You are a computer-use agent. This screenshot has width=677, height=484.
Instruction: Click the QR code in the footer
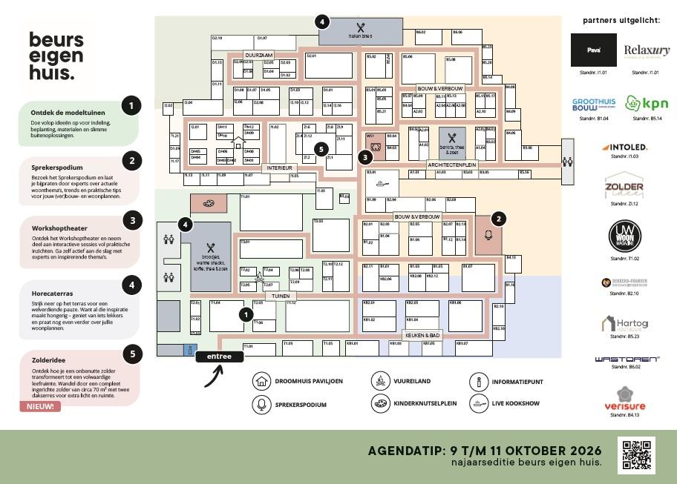pyautogui.click(x=636, y=456)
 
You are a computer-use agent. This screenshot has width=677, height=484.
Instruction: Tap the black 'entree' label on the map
pyautogui.click(x=219, y=357)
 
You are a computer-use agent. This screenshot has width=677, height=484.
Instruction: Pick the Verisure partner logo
pyautogui.click(x=624, y=399)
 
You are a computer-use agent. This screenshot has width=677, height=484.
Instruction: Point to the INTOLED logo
pyautogui.click(x=624, y=147)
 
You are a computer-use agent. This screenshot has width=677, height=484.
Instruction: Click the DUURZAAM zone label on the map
pyautogui.click(x=259, y=56)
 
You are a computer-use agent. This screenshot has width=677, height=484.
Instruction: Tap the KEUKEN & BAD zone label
pyautogui.click(x=423, y=335)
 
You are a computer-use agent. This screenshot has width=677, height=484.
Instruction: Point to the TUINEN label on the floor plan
pyautogui.click(x=281, y=296)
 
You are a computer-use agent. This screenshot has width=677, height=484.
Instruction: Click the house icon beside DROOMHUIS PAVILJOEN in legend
pyautogui.click(x=261, y=382)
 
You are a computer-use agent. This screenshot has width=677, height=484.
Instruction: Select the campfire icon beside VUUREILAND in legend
pyautogui.click(x=381, y=382)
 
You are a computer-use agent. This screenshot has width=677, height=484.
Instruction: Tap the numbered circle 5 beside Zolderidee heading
pyautogui.click(x=131, y=354)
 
